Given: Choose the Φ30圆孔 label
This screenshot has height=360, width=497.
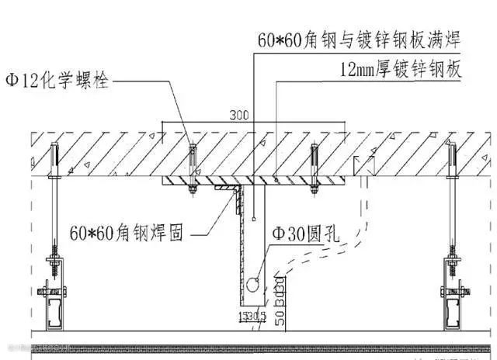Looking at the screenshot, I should point(303,232).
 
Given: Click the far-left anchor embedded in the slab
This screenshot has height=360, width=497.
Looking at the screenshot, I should point(54,159).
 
